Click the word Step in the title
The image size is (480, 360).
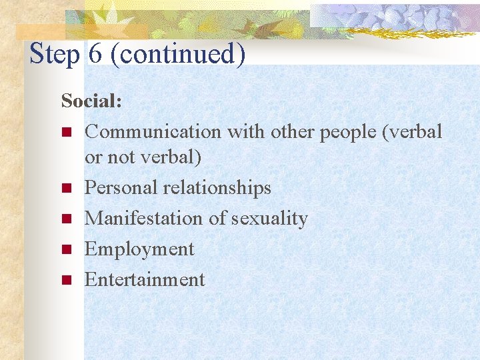tap(55, 54)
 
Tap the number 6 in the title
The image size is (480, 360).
tap(95, 53)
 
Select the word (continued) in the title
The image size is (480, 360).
tap(178, 54)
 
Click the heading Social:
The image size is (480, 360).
tap(91, 101)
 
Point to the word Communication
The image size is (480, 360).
tap(153, 131)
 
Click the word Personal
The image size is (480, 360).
tap(121, 188)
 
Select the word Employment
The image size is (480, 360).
tap(139, 249)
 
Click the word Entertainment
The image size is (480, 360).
tap(145, 279)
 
